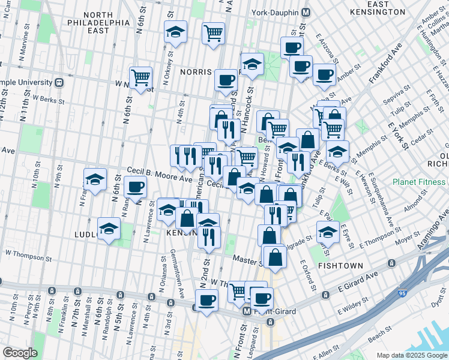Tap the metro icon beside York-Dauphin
[x=306, y=12]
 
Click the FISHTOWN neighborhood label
[x=339, y=265]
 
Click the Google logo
[x=20, y=353]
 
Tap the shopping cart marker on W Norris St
[x=140, y=77]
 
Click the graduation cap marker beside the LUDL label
[x=109, y=229]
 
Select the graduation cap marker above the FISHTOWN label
[x=328, y=231]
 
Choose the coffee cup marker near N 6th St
[x=136, y=186]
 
